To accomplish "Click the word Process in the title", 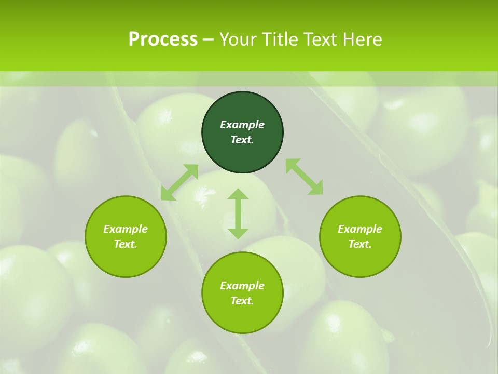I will click(163, 39).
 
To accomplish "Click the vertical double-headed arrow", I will click(238, 213).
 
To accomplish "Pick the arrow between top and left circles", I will click(179, 182).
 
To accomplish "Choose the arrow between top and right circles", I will click(305, 177).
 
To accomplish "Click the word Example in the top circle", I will click(242, 125).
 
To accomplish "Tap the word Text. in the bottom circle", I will click(242, 301).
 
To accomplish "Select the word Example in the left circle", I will click(126, 229).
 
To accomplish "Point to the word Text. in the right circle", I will click(360, 244).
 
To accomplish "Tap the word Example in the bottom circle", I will click(242, 286).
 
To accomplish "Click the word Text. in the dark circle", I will click(242, 140).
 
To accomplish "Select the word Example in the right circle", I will click(360, 229).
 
